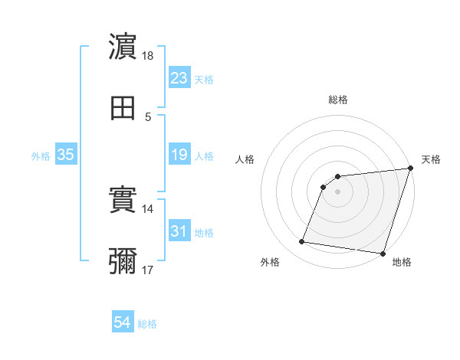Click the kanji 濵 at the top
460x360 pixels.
click(123, 47)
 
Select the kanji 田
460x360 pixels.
click(123, 108)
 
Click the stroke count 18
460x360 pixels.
click(148, 55)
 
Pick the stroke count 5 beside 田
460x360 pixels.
click(148, 116)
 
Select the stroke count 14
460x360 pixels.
click(148, 208)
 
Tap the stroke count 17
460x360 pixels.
click(148, 270)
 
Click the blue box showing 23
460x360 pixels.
click(179, 78)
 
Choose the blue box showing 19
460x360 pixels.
click(179, 155)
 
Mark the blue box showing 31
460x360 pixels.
click(179, 231)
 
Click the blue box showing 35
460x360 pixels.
click(65, 155)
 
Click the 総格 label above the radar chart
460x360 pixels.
click(337, 100)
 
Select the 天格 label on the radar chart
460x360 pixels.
click(431, 159)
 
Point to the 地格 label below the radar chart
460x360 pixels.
click(402, 262)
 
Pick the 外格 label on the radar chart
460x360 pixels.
click(270, 262)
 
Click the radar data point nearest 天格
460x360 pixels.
click(410, 169)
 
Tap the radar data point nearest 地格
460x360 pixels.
click(383, 254)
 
